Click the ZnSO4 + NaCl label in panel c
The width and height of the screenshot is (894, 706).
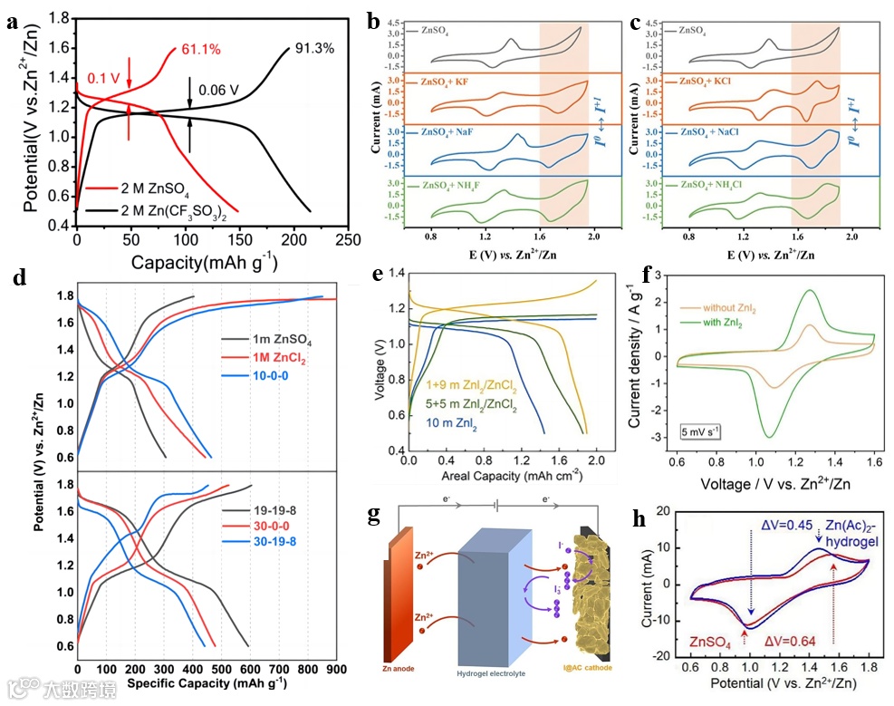tap(716, 134)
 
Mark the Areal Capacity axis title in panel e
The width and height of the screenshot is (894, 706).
tap(501, 476)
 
